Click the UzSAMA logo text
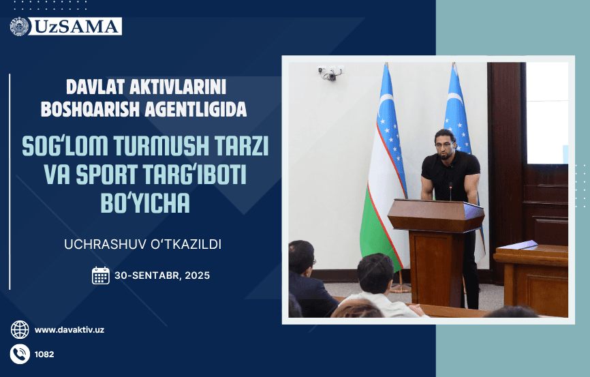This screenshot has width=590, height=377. point(77,27)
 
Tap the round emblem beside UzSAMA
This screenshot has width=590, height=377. point(20,27)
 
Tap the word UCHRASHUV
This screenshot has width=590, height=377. point(120,243)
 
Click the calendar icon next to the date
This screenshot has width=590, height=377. point(101,275)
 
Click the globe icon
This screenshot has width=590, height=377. point(20,330)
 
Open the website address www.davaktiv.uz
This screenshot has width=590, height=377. point(69,330)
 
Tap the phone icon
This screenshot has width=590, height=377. point(20,354)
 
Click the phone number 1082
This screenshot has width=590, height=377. point(44,355)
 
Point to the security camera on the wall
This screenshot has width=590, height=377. point(329,72)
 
